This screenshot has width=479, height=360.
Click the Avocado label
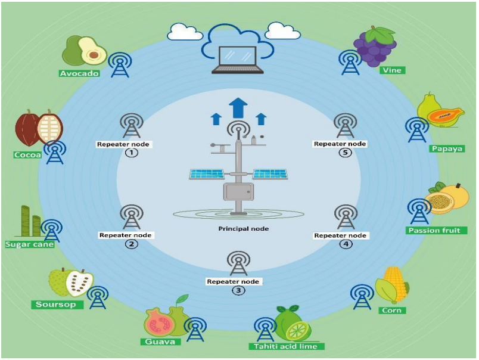[78, 73]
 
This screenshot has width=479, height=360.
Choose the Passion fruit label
[437, 230]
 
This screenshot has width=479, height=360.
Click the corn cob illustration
[394, 284]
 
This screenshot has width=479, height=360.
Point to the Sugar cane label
[29, 244]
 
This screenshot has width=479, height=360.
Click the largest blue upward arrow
[238, 107]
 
